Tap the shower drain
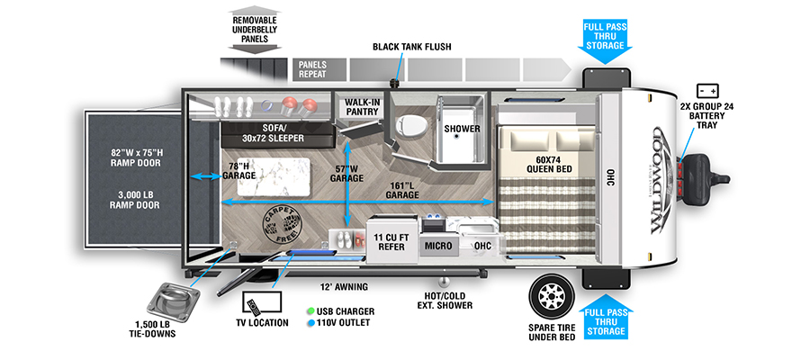tap(457, 137)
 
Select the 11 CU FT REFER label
tap(391, 242)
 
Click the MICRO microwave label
tap(438, 246)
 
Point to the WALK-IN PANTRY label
tap(363, 106)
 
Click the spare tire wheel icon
tap(552, 296)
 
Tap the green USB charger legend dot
tap(310, 311)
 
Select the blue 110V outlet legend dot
tap(310, 323)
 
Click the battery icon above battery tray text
tap(707, 91)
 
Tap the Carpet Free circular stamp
tap(282, 225)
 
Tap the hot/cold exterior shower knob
tap(442, 282)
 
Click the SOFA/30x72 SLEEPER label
tap(274, 133)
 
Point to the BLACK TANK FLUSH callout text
tap(411, 47)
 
